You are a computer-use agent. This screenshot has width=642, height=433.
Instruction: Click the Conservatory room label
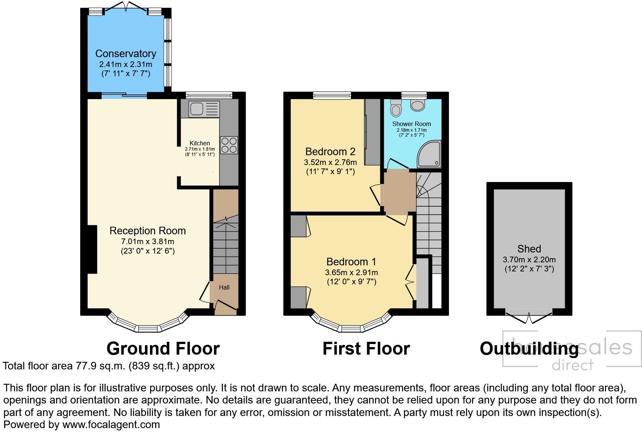pos(126,54)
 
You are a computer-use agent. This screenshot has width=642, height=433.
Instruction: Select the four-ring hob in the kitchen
pos(229,145)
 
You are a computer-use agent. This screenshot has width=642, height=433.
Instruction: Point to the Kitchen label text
pos(199,143)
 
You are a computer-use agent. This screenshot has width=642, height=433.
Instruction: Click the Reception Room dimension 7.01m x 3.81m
pos(148,241)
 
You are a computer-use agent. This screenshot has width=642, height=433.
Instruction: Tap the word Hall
pos(224,287)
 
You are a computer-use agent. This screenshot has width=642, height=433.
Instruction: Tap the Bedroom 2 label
pos(330,152)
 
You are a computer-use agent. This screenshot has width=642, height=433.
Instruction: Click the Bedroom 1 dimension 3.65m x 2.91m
pos(351,273)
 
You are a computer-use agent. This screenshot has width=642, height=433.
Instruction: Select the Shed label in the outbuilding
pos(529,249)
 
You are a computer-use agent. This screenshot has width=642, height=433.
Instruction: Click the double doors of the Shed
pos(529,317)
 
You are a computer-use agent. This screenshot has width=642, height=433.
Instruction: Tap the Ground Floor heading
pos(163,348)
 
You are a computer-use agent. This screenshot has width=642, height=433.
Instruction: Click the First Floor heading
pos(366,348)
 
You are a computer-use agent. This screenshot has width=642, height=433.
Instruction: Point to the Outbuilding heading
pos(529,349)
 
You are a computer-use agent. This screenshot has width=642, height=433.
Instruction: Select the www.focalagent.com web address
pos(111,425)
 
